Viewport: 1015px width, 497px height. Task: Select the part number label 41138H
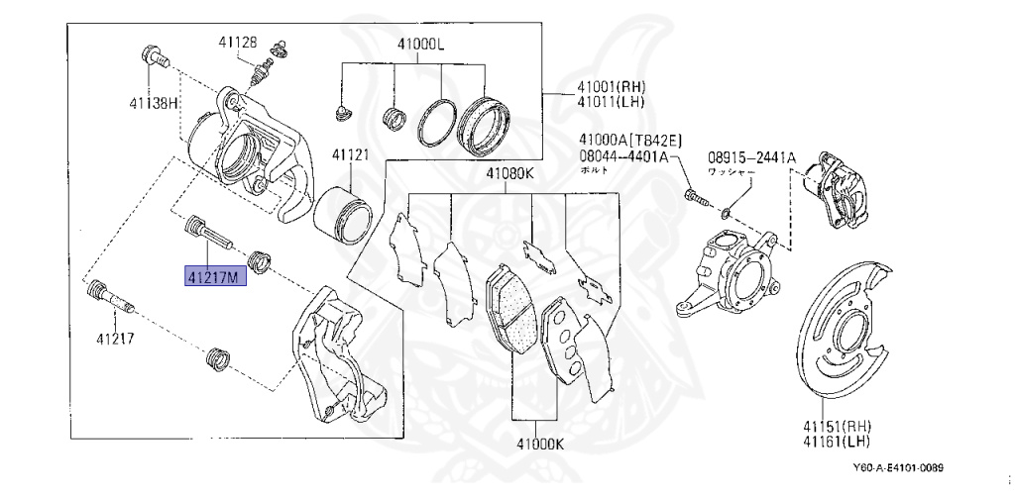153,102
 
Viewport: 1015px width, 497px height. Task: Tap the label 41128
238,43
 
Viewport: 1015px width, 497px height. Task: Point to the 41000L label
421,46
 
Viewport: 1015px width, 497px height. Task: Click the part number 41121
350,155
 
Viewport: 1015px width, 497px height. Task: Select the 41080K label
509,175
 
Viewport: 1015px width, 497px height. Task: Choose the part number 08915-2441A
751,157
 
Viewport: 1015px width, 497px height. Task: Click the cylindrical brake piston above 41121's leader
343,211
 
